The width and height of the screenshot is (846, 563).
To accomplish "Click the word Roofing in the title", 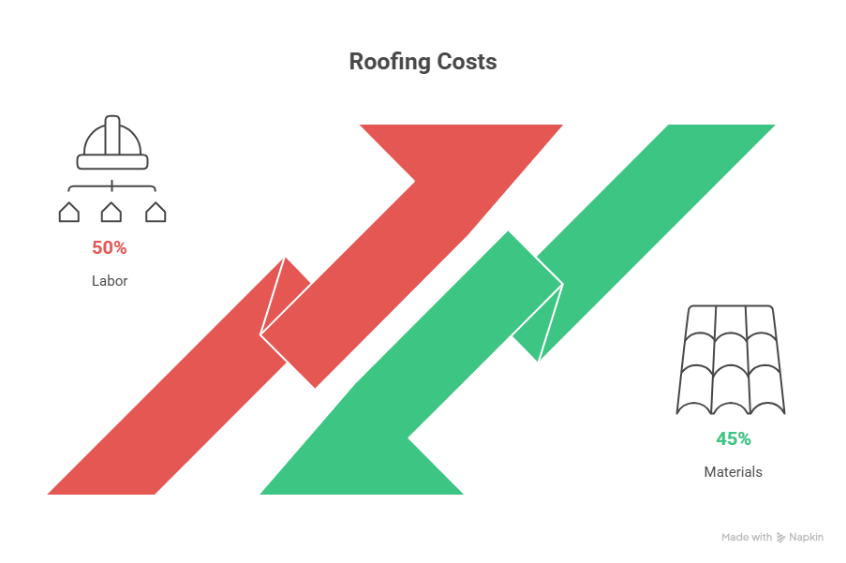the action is (x=390, y=62).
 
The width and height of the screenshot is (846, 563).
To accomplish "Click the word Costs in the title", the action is (x=467, y=62).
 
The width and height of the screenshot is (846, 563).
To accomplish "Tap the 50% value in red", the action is (x=110, y=247).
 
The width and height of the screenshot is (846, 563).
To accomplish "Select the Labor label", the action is (x=110, y=280).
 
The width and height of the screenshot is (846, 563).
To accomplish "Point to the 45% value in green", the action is (x=734, y=439).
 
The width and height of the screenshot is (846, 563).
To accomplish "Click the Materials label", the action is (x=734, y=472).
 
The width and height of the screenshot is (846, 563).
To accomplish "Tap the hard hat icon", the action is (x=112, y=142).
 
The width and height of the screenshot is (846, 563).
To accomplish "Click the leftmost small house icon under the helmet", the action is (x=69, y=212).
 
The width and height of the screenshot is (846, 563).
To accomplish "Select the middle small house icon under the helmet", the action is (x=111, y=212).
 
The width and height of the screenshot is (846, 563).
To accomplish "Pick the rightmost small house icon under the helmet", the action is (x=156, y=212).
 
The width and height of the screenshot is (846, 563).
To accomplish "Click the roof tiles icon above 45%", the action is (x=731, y=360).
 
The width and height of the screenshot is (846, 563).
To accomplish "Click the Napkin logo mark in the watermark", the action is (x=780, y=537).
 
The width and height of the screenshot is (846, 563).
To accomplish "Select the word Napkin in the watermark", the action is (x=806, y=537).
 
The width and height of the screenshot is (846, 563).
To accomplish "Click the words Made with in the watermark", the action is (x=747, y=537).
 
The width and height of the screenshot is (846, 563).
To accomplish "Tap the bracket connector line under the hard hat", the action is (x=112, y=187).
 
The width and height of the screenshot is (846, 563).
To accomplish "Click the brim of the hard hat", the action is (x=112, y=162).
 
